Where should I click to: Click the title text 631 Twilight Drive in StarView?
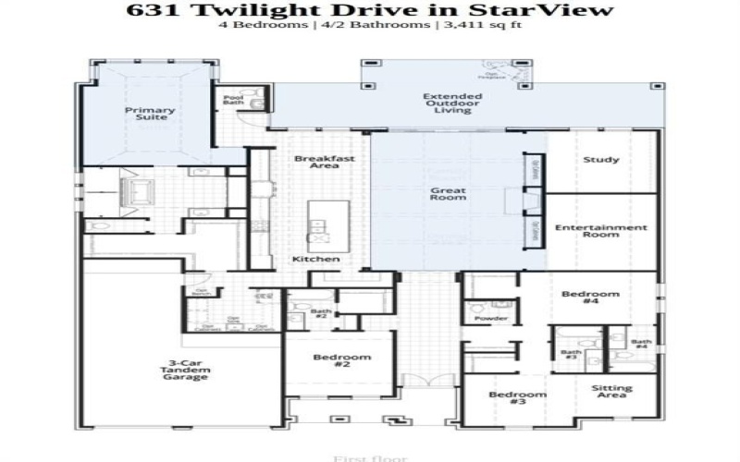click(x=369, y=10)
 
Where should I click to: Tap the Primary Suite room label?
click(x=150, y=114)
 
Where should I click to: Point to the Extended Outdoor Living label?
click(x=447, y=103)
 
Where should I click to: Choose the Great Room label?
click(x=448, y=195)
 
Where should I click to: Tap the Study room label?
click(x=601, y=160)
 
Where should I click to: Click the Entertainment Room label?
click(x=600, y=231)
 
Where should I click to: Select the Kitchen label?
click(x=315, y=259)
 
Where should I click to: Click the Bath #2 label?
click(x=321, y=314)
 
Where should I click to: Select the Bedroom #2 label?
click(x=341, y=361)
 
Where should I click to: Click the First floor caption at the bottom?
click(x=355, y=456)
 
